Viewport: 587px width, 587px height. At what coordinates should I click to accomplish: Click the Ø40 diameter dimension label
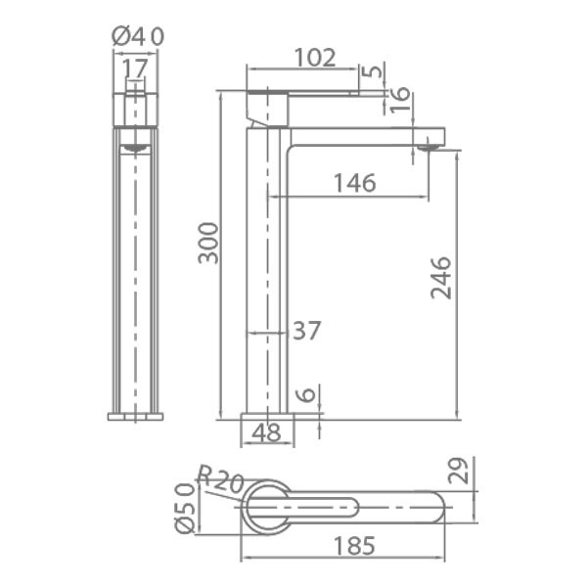coord(138,36)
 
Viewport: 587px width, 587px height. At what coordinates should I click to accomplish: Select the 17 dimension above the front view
coord(135,68)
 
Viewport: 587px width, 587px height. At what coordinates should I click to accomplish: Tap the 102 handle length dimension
coord(315,58)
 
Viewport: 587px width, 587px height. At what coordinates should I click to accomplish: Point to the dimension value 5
coord(375,70)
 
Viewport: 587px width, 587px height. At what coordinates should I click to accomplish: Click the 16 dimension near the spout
coord(399,100)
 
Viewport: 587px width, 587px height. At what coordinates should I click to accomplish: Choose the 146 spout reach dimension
coord(354,183)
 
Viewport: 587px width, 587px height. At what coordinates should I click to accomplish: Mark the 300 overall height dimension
coord(208,243)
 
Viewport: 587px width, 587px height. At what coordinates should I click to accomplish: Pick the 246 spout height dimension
coord(441,278)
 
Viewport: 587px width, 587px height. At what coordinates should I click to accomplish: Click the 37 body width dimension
coord(306,331)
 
